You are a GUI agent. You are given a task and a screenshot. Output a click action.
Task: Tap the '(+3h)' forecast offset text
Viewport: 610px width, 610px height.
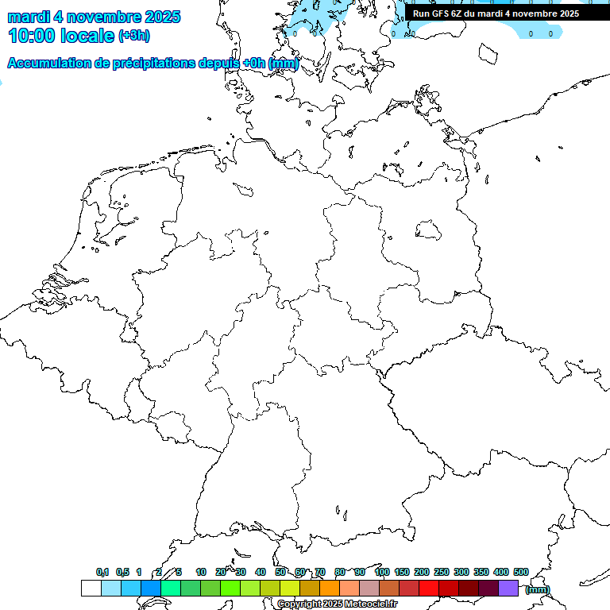click(133, 36)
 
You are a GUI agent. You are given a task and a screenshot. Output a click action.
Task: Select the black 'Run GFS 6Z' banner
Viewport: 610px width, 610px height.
click(496, 14)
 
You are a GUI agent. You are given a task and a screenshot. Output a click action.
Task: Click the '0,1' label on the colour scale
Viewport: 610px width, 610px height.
click(102, 572)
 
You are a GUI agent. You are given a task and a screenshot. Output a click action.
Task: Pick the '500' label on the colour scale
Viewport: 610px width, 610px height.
click(521, 572)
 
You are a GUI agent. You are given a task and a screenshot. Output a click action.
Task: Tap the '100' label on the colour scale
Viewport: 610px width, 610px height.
click(382, 572)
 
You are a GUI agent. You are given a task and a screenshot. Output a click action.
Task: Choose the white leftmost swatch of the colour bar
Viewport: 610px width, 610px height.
click(91, 588)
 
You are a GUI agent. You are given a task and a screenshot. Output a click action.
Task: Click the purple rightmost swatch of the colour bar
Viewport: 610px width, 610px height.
click(508, 588)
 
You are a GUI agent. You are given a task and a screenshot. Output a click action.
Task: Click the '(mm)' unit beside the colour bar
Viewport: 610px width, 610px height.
click(537, 589)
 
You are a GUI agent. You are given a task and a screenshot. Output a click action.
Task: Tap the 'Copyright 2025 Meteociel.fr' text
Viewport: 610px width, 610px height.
click(338, 604)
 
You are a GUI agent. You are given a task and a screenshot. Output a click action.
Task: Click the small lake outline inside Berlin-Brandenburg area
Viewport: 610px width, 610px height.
click(428, 230)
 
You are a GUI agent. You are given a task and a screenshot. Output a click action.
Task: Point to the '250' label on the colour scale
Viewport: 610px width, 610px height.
click(442, 572)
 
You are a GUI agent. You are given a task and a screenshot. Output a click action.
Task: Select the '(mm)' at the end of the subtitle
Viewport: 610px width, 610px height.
click(284, 64)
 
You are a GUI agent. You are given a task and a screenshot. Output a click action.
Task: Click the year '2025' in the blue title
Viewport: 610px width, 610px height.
click(158, 17)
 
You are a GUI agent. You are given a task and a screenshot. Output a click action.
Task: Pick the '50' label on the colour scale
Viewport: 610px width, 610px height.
click(280, 572)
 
